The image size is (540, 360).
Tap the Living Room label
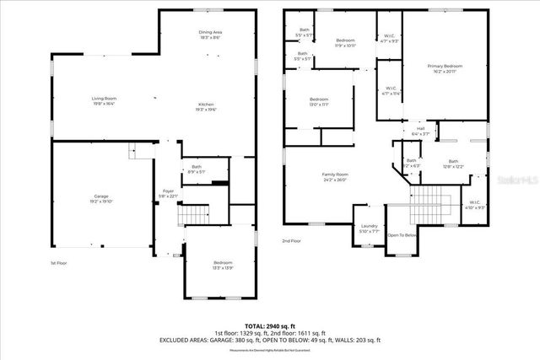coord(104,101)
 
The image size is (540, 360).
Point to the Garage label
coord(101,199)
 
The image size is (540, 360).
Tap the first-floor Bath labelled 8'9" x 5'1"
coord(196,169)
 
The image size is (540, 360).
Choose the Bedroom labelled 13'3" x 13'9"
coord(222,267)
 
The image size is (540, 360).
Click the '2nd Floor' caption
coord(291,240)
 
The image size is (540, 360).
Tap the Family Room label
coord(335,177)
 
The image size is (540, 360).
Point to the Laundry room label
coord(369,228)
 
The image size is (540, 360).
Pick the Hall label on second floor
coord(420,132)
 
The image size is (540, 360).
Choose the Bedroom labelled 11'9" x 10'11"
coord(346,43)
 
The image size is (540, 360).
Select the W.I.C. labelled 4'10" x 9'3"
coord(473,205)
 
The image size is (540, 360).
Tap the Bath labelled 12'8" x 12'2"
coord(453,164)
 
